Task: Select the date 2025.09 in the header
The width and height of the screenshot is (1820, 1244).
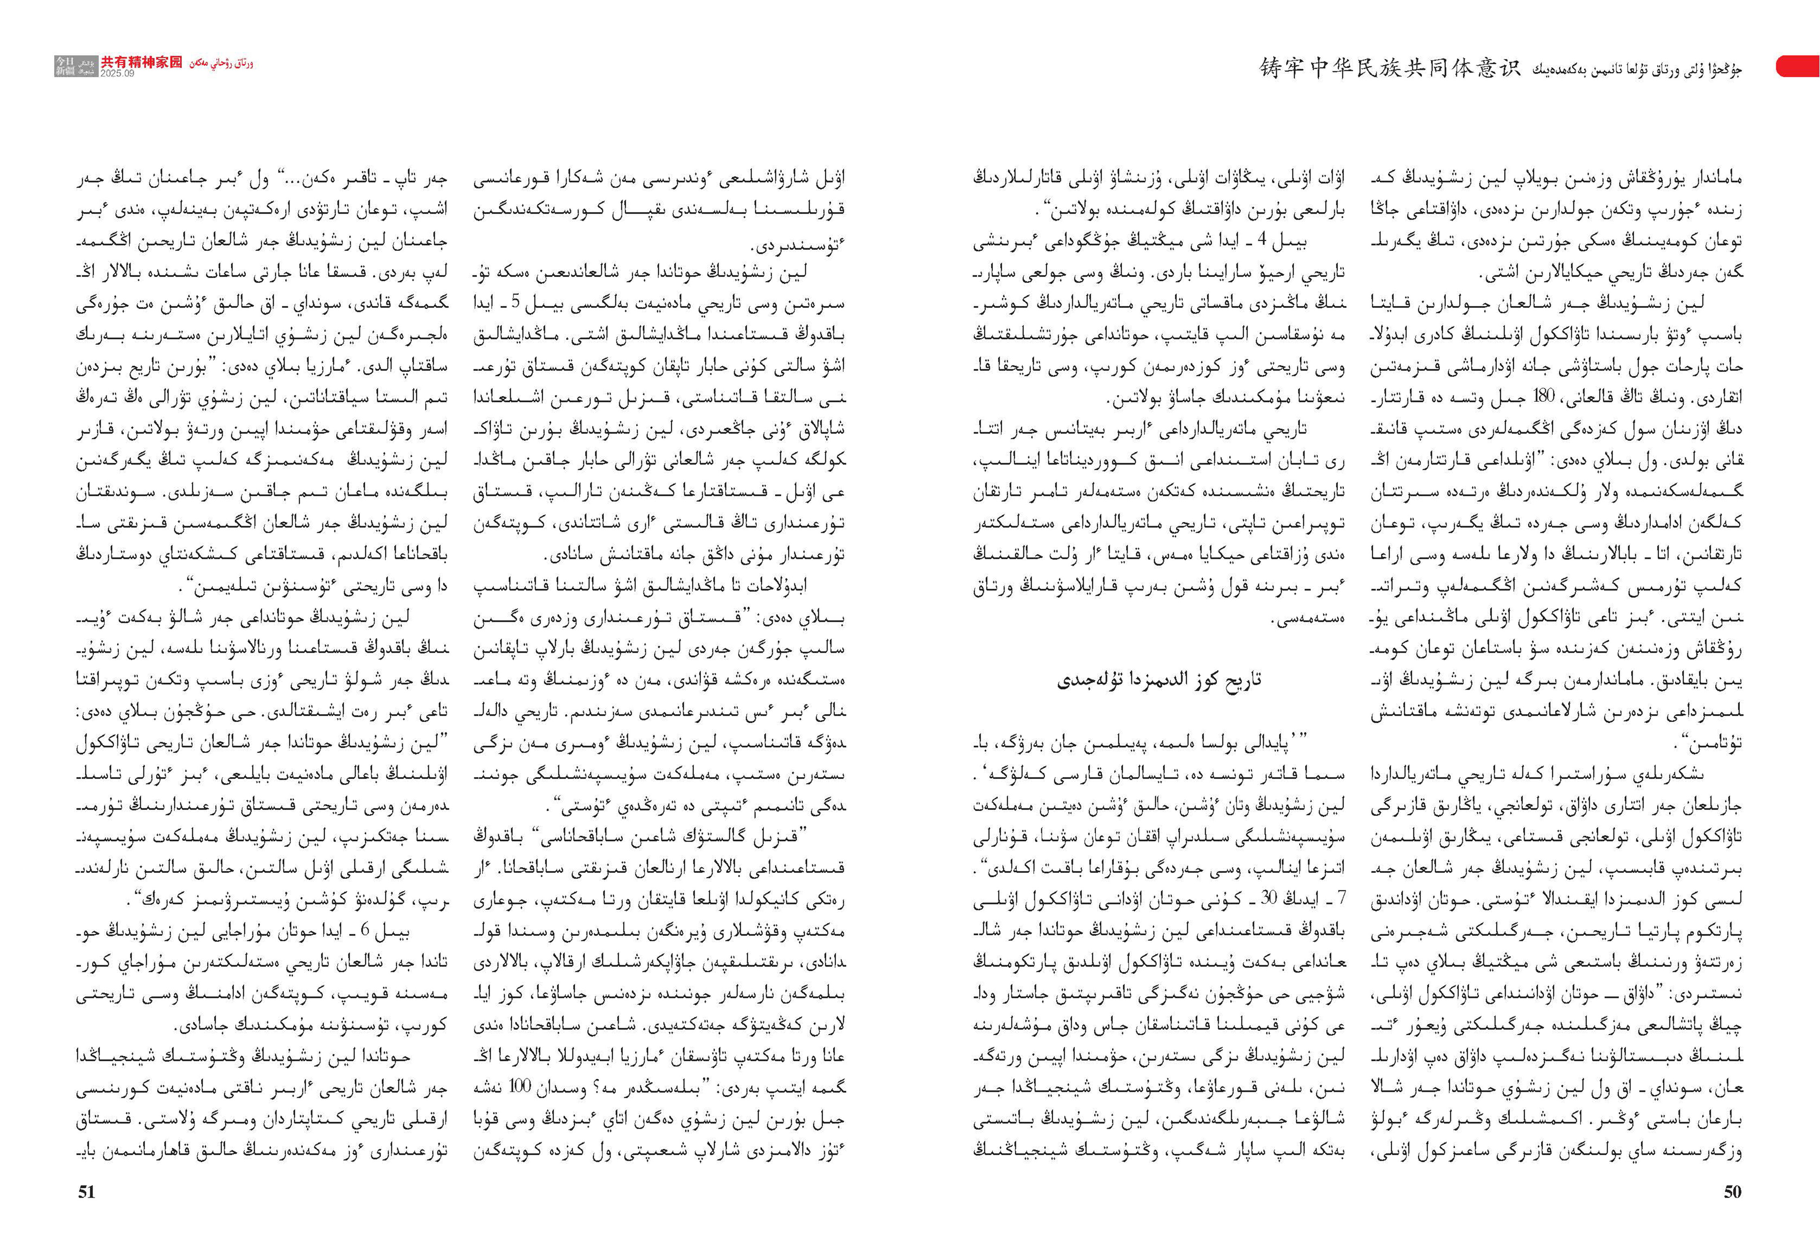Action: pos(117,73)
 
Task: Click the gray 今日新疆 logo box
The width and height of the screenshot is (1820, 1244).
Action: pos(66,66)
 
